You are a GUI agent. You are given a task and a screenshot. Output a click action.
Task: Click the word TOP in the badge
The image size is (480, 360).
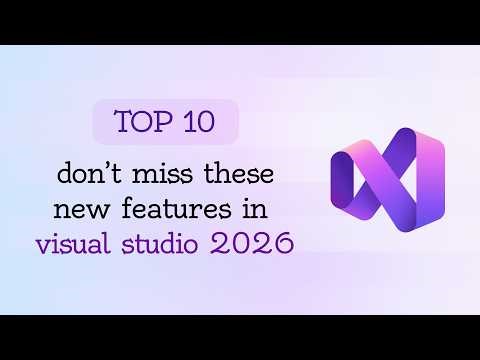pyautogui.click(x=140, y=122)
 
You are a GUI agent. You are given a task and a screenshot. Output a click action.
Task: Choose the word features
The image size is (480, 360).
pyautogui.click(x=177, y=210)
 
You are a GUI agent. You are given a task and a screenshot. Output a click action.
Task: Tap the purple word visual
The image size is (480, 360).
pyautogui.click(x=72, y=242)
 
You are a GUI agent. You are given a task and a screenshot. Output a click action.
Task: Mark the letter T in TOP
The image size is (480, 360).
pyautogui.click(x=123, y=122)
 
